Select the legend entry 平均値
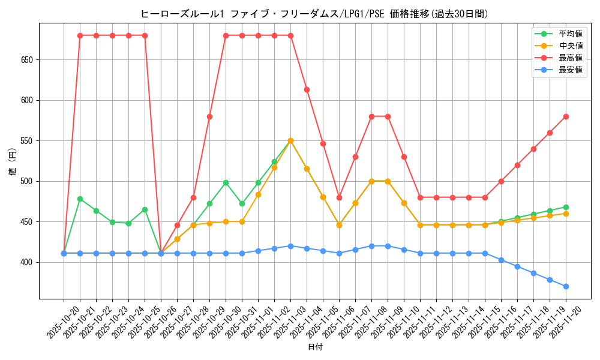point(570,34)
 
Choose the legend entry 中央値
point(570,46)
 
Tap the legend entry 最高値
point(570,58)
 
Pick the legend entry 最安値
point(570,70)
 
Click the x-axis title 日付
point(315,347)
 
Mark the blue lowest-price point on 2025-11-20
point(566,286)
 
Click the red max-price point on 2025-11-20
point(566,116)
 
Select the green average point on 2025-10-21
point(80,199)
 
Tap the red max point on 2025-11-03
point(307,89)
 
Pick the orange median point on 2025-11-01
point(274,167)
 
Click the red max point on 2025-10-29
point(209,116)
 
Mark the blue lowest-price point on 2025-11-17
point(517,266)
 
